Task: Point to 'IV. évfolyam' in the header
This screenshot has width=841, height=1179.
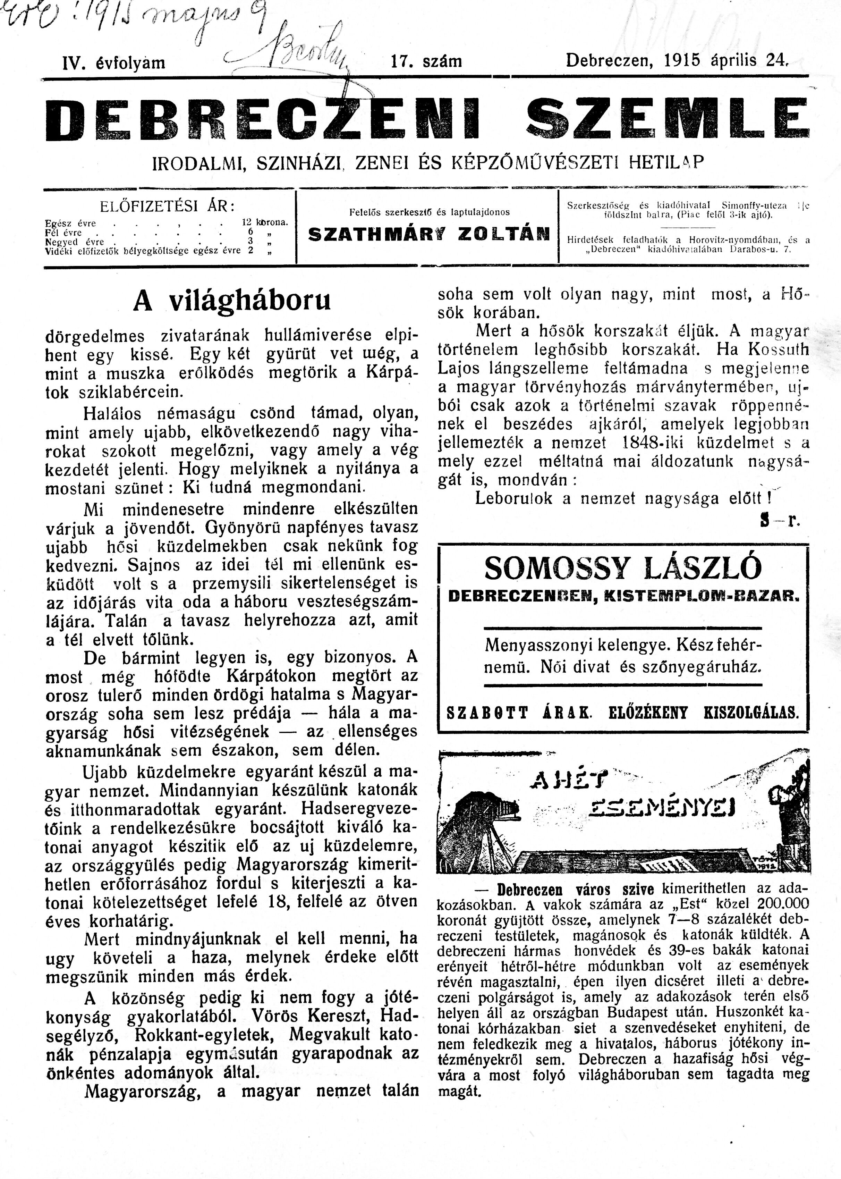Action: pyautogui.click(x=113, y=63)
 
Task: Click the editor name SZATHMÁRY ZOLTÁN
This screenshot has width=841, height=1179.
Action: pyautogui.click(x=428, y=235)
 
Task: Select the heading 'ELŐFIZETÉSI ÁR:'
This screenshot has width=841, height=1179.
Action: pyautogui.click(x=167, y=206)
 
